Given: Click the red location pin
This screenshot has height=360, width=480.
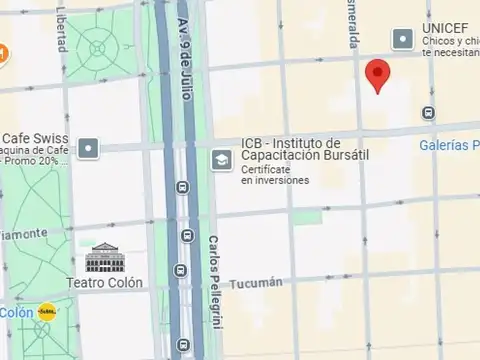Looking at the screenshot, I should (376, 75).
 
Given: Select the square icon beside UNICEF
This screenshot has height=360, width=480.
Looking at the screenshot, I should (402, 39).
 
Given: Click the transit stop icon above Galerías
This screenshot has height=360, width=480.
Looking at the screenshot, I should (429, 113).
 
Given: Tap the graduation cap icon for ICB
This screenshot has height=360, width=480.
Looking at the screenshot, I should (220, 160).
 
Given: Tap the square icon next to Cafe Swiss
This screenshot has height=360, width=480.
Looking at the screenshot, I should (89, 148).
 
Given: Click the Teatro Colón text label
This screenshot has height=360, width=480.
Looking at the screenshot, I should (105, 282).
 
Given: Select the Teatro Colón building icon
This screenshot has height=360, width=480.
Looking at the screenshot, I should (102, 258).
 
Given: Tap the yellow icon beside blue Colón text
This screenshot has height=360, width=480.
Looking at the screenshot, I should (47, 311).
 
